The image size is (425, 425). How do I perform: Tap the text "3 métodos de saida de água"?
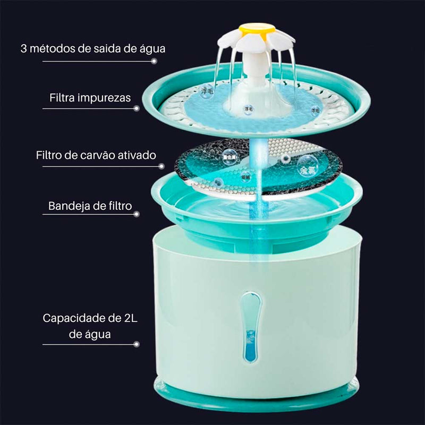coord(93,48)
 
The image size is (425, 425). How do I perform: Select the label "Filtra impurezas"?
coord(90,98)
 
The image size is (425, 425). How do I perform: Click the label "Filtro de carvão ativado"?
coord(96,155)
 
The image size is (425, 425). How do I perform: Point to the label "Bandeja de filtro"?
coord(90,206)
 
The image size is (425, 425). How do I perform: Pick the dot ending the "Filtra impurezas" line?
coord(137,108)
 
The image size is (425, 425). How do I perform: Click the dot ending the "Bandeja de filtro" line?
coord(137,214)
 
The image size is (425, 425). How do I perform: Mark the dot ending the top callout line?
coord(154,61)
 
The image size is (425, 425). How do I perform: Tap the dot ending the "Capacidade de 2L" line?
coord(137,344)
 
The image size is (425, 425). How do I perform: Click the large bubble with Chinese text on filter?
coord(305,166)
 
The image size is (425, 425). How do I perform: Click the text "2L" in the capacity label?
coord(131,319)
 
